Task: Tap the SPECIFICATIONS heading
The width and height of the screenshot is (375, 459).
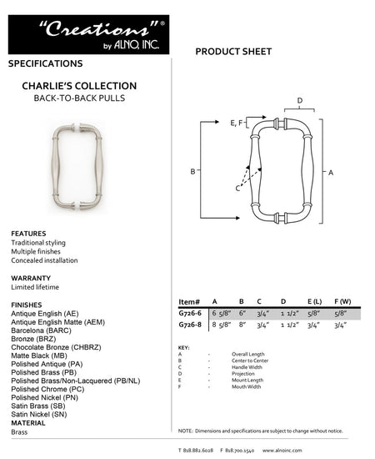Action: click(45, 63)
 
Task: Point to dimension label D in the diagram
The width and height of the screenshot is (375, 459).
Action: click(300, 102)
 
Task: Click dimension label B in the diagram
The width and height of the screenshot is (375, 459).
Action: click(193, 171)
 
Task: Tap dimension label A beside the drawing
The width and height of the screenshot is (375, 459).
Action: click(331, 172)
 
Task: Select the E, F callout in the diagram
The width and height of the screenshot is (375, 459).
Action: click(237, 123)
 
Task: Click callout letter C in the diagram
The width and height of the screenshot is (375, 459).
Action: click(237, 189)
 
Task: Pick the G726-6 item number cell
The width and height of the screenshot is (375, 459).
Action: click(190, 314)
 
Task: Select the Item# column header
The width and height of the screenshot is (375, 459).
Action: click(189, 301)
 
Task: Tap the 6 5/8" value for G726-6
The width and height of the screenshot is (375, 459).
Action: click(219, 314)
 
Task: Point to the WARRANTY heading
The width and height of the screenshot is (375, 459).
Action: click(31, 278)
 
